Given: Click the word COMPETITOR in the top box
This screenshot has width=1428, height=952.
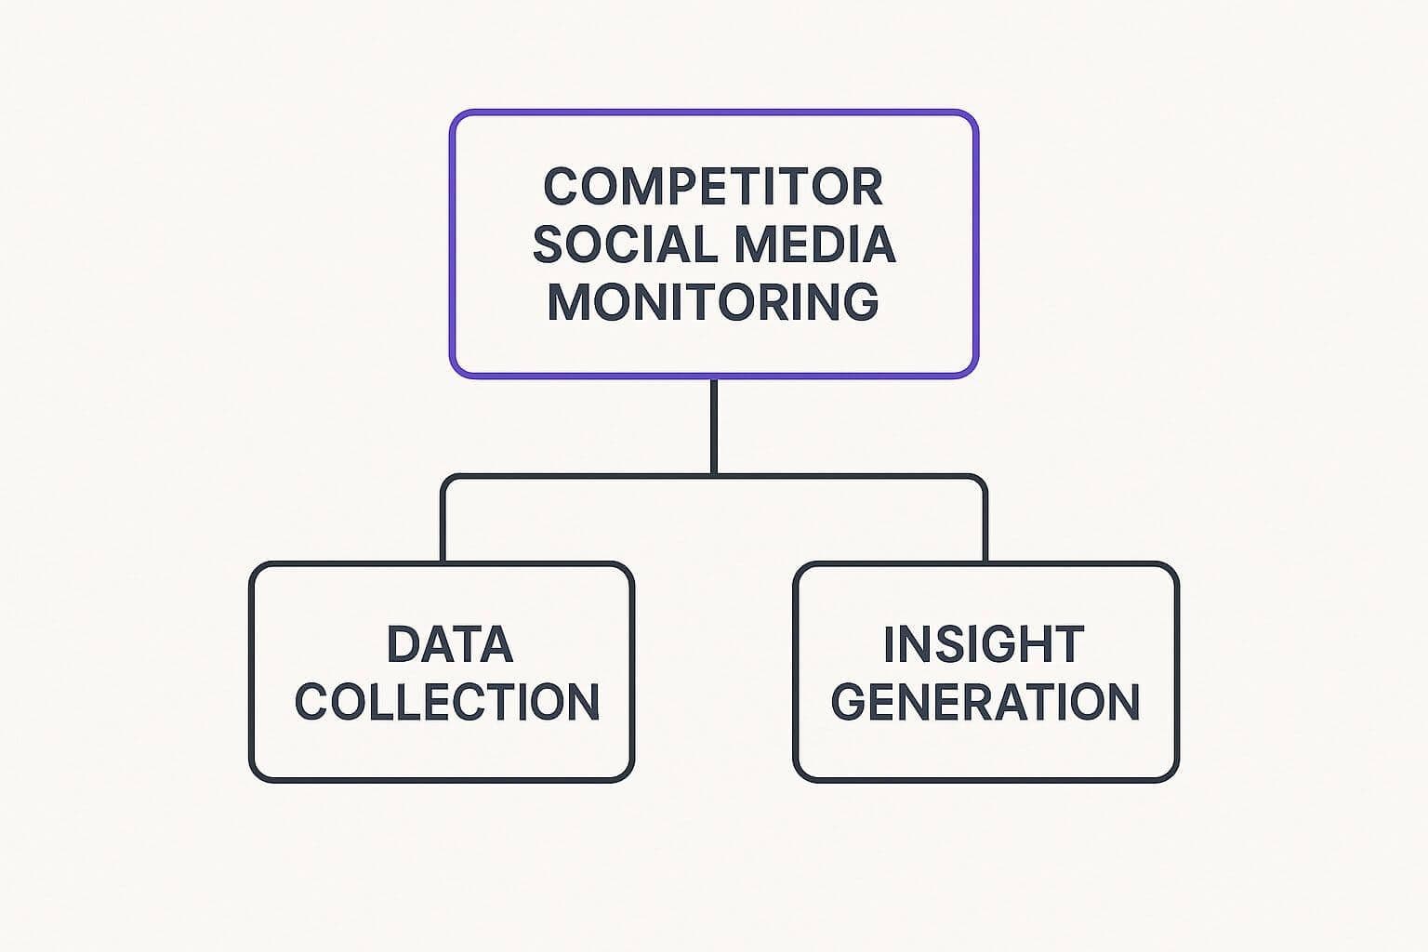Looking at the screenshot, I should (713, 186).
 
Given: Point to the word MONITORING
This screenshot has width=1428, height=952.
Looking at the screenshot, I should (713, 302).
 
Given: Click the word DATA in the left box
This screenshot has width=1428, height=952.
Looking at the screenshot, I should (449, 644).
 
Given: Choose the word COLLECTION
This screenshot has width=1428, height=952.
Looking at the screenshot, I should (447, 702).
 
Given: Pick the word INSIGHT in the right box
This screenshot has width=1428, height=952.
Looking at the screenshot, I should (984, 644).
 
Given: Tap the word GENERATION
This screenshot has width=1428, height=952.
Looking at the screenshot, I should (985, 702).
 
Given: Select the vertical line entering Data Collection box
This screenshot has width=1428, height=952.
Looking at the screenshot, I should (443, 530).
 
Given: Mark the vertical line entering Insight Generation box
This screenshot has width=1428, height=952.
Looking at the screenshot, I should (985, 530).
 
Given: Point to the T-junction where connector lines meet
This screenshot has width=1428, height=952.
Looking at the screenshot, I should (713, 476).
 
